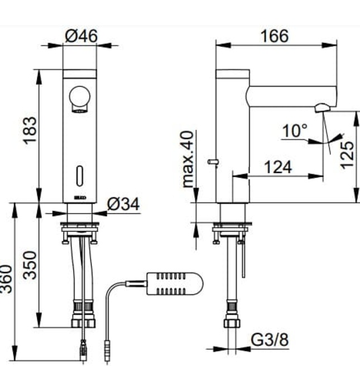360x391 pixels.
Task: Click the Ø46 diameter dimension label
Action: (x=81, y=36)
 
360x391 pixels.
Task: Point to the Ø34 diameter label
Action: (x=123, y=204)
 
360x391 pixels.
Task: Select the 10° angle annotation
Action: (x=294, y=131)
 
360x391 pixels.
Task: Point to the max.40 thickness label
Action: (x=188, y=159)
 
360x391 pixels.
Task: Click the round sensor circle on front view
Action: (x=80, y=97)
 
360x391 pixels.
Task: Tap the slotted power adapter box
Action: (x=174, y=283)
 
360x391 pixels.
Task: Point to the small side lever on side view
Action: (x=212, y=161)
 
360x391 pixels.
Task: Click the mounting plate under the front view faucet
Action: (x=80, y=227)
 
